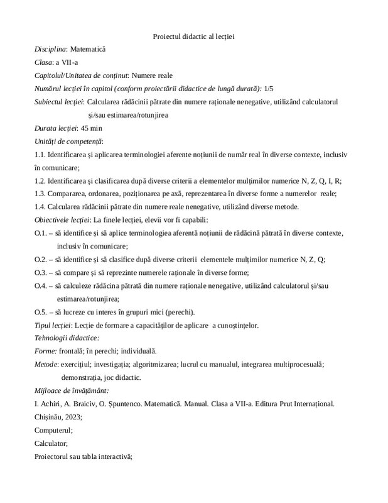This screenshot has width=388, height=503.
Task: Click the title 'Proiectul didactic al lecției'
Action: (193, 36)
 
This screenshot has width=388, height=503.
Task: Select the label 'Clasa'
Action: (44, 62)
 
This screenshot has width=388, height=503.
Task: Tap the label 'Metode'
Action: (47, 364)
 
